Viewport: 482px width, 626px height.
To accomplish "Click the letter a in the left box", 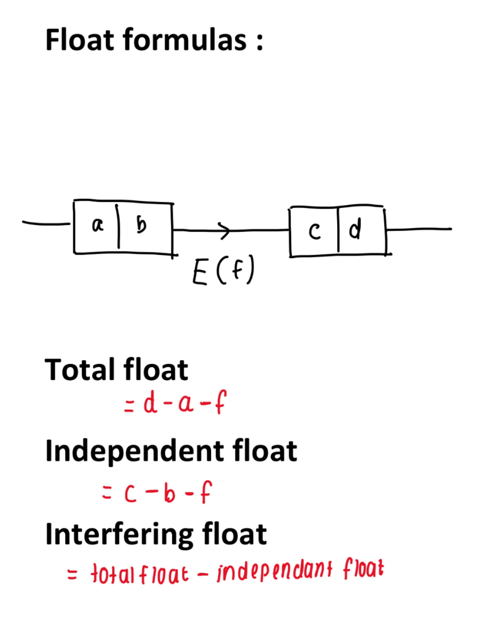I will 98,226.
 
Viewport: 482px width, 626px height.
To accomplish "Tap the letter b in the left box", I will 141,225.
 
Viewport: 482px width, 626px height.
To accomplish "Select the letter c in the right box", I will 315,231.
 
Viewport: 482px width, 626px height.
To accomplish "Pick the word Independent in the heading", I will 135,452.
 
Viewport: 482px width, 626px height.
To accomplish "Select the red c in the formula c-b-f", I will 130,494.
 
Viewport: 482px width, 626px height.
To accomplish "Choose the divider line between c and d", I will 338,230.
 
